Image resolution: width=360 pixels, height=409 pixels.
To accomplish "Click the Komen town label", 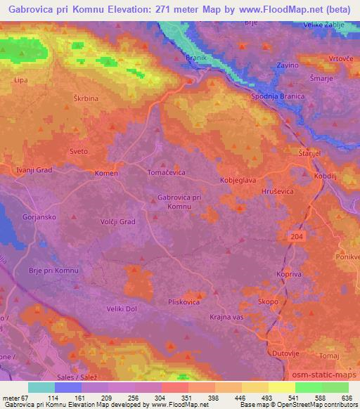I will pyautogui.click(x=107, y=173).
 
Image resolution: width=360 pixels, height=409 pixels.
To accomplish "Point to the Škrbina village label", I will pyautogui.click(x=86, y=100).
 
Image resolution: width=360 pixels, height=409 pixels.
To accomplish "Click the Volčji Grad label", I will pyautogui.click(x=117, y=222).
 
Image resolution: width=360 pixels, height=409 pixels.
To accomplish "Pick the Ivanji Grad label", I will pyautogui.click(x=34, y=169).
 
